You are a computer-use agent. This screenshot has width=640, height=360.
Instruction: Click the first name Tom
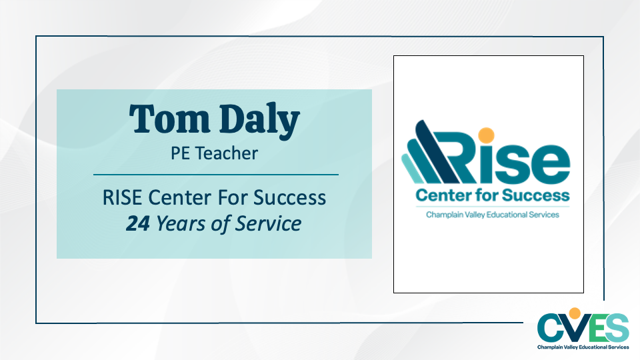[169, 119]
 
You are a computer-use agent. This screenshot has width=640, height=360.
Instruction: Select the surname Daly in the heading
[259, 120]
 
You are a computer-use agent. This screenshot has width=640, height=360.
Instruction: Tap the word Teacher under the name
[227, 153]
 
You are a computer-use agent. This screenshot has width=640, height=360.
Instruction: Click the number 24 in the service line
[138, 224]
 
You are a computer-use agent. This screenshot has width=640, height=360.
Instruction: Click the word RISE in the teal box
[122, 197]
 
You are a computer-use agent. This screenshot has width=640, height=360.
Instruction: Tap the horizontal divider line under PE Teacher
[216, 175]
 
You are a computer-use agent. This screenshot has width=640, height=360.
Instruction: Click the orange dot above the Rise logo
[486, 135]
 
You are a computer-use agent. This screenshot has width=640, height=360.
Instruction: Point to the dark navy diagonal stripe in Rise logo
[438, 151]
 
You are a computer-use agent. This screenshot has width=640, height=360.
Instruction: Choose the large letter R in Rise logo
[462, 157]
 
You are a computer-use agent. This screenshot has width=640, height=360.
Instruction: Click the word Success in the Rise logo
[535, 195]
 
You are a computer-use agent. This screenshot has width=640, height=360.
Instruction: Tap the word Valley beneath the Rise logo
[474, 215]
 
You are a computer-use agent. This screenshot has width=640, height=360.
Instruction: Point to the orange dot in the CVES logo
[575, 313]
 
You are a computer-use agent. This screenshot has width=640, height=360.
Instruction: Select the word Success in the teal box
[289, 197]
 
